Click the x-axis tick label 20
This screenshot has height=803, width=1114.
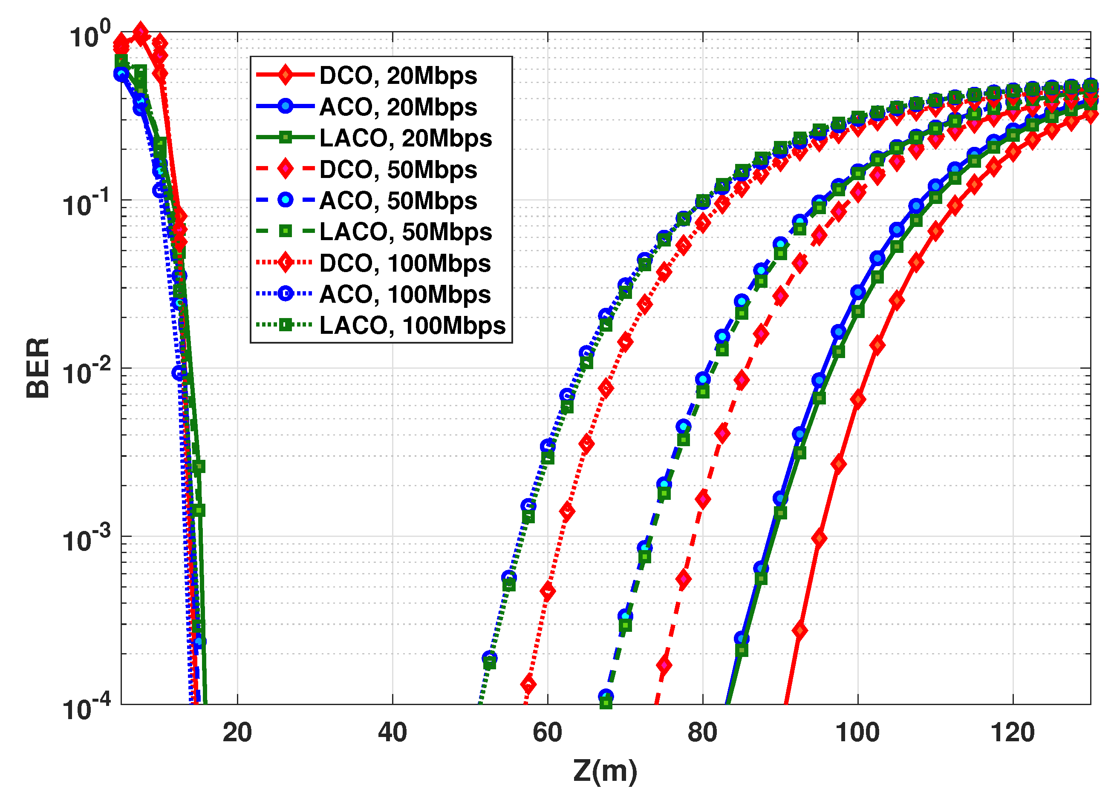coord(237,733)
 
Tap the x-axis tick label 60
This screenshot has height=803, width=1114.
coord(547,733)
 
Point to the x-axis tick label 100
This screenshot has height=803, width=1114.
coord(857,733)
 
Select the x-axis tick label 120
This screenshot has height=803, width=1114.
coord(1013,733)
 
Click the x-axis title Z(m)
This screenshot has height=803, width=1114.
coord(605,771)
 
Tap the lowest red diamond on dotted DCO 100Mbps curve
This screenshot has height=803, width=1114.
coord(528,684)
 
